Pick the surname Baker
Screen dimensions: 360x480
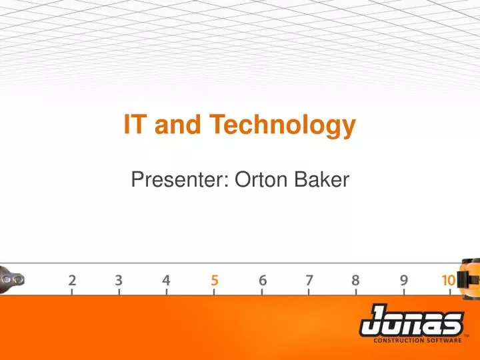click(x=323, y=178)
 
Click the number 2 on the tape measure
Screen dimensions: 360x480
click(x=72, y=280)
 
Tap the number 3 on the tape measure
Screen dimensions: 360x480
click(x=119, y=280)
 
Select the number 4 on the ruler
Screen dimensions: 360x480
click(x=166, y=280)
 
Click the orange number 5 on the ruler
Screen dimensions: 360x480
click(x=214, y=280)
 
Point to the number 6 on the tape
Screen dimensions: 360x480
click(x=262, y=280)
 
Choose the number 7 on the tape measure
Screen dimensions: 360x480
click(x=309, y=280)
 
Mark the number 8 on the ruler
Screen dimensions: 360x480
click(x=357, y=280)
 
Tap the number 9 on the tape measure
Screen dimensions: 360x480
click(x=405, y=280)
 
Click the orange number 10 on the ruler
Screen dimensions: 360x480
click(x=449, y=280)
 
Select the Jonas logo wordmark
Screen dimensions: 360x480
click(x=411, y=323)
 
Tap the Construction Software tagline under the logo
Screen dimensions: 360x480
click(x=417, y=340)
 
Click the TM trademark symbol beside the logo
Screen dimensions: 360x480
click(x=466, y=335)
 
